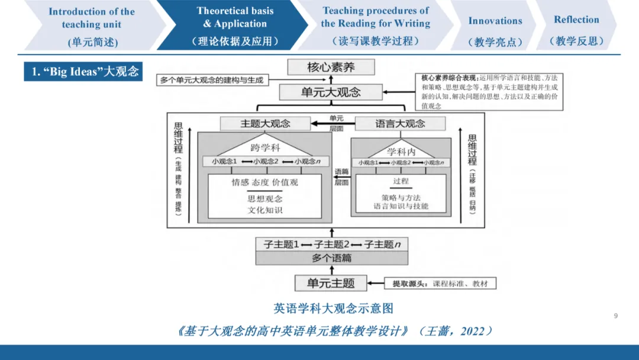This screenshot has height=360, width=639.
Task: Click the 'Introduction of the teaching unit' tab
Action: (x=92, y=26)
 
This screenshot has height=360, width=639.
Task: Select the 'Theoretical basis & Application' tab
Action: (x=235, y=25)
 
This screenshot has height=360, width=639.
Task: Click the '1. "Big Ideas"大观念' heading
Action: (x=83, y=72)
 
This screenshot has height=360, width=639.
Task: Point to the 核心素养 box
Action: (x=331, y=67)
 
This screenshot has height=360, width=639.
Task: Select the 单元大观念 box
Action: (x=331, y=92)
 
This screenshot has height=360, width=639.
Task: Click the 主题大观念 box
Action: (x=265, y=124)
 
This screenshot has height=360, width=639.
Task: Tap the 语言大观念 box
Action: (x=400, y=124)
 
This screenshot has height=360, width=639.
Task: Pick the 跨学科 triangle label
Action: (x=264, y=148)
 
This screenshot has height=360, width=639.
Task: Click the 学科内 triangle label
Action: (x=401, y=152)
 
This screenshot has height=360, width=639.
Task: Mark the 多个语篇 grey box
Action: (x=331, y=258)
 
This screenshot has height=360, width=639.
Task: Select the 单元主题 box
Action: (x=331, y=283)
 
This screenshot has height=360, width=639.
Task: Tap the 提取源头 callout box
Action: (x=440, y=284)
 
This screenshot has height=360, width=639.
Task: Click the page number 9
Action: (x=615, y=316)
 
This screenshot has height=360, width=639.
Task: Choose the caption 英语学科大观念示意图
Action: (x=333, y=308)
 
